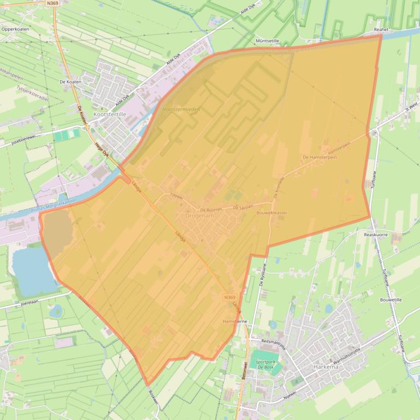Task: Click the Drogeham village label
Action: click(199, 216)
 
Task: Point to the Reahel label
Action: click(381, 31)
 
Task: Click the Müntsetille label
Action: click(268, 41)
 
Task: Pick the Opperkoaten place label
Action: click(15, 29)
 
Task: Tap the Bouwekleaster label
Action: click(271, 213)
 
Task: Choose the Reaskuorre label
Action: click(375, 234)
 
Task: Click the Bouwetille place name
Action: click(391, 299)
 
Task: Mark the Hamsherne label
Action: click(235, 322)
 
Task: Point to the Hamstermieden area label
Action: click(181, 110)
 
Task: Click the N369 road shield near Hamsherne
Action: click(230, 297)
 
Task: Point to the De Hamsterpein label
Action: click(320, 157)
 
